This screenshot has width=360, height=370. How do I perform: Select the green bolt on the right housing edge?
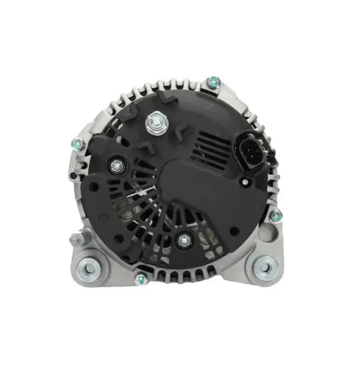(276, 215)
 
